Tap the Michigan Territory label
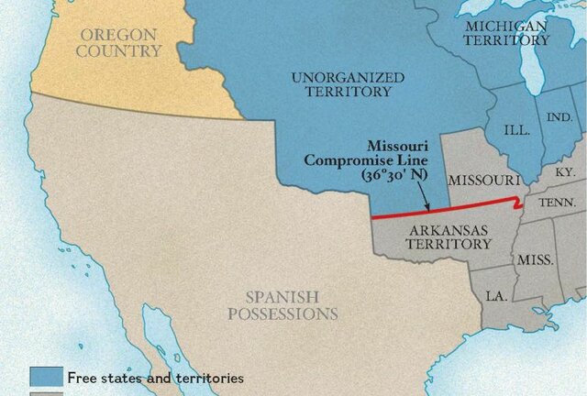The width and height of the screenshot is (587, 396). point(506,32)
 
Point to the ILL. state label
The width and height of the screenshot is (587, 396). point(517,130)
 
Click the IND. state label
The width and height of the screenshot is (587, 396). point(559,119)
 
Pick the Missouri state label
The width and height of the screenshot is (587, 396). point(483,179)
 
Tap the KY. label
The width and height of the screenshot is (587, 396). point(565,172)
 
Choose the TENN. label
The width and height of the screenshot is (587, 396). point(557,203)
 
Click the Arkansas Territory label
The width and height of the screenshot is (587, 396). point(449,237)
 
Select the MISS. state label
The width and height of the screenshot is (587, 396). point(535,259)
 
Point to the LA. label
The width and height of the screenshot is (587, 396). point(496,296)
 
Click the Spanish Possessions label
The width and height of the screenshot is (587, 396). point(291,305)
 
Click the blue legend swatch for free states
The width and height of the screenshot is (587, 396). point(45,377)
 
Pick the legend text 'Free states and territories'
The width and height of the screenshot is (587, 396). point(153,377)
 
